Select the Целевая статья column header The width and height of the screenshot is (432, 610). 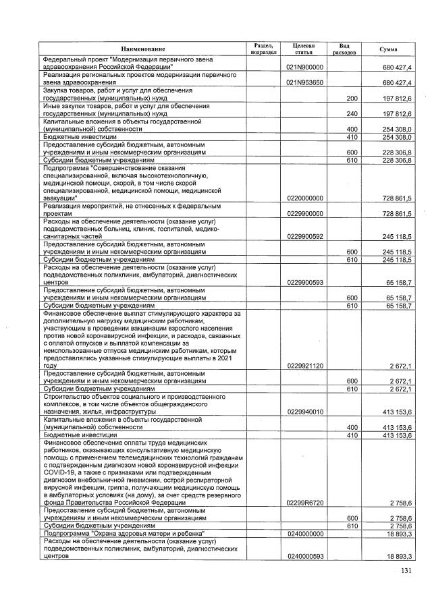tap(304, 48)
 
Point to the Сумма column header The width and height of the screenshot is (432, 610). tap(388, 49)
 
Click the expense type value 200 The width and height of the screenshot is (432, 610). tap(351, 98)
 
